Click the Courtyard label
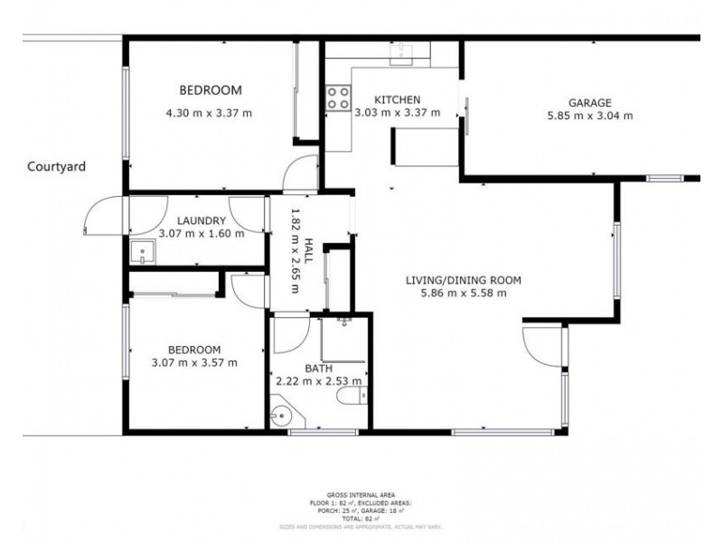(56, 166)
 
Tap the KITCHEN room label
(398, 99)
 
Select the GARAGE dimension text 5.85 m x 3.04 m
(589, 116)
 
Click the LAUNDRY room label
(202, 220)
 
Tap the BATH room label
(318, 368)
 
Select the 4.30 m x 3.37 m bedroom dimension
(209, 114)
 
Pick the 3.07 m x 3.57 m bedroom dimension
(194, 363)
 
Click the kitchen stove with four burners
(339, 98)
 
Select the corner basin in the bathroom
(283, 416)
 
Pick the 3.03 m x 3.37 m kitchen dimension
(398, 113)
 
